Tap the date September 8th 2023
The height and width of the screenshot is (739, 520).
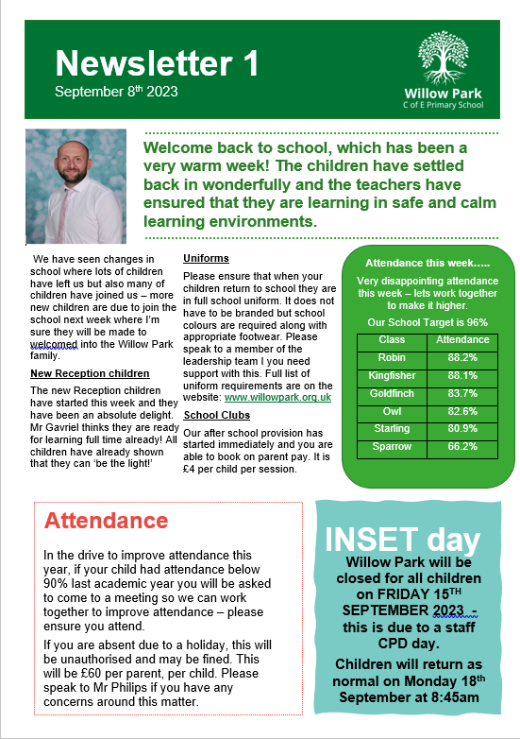116,92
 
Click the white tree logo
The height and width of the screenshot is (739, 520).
442,58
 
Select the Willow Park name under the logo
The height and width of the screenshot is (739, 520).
443,94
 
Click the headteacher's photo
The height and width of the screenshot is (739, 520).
75,185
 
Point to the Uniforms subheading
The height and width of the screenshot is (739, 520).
206,259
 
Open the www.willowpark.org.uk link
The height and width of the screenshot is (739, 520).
277,398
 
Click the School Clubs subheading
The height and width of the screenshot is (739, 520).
216,415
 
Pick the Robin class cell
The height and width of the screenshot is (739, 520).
391,357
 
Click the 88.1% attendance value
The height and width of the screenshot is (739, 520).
461,375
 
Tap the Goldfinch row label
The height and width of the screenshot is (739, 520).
391,393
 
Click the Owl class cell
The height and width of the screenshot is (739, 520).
391,411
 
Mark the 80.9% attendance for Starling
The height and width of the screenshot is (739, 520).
461,429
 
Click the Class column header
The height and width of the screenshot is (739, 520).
391,339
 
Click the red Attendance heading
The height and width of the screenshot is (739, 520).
107,521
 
